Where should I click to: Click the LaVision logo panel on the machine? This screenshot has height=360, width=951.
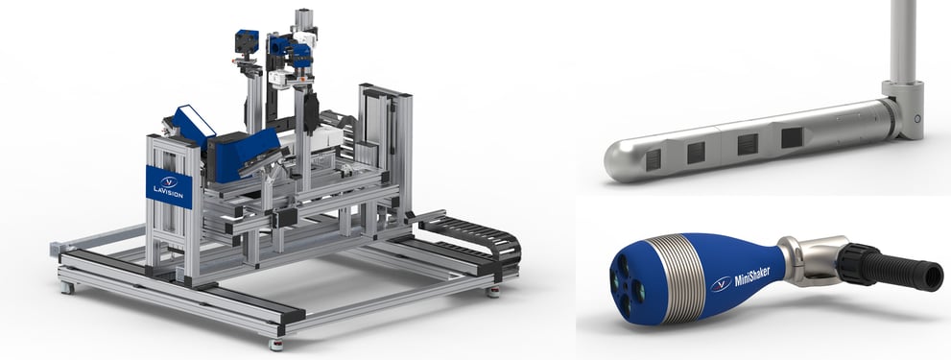pyautogui.click(x=169, y=186)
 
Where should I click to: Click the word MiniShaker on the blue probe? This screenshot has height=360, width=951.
pyautogui.click(x=752, y=276)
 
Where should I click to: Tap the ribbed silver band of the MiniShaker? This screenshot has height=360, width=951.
pyautogui.click(x=673, y=278)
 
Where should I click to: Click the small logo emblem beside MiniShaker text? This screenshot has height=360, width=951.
pyautogui.click(x=721, y=283)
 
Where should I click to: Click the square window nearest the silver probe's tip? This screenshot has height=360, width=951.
pyautogui.click(x=653, y=159)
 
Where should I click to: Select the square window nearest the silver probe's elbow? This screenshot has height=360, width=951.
pyautogui.click(x=792, y=138)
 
